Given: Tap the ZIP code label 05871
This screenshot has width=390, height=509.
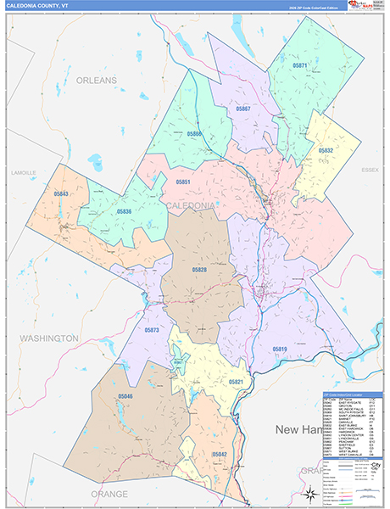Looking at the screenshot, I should coord(300,65).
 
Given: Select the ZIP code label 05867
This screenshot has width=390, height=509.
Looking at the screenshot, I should coord(243,109).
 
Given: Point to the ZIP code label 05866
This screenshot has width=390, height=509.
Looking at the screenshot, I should coord(194,134).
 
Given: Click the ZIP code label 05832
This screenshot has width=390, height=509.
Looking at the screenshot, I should coord(326,150).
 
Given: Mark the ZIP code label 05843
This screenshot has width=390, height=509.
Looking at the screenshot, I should coord(60,194).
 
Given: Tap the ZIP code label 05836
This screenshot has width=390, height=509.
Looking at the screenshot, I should coord(124,211).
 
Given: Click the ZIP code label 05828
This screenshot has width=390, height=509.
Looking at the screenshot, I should coord(198,270).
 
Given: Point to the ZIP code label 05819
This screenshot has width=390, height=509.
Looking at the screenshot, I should coord(280,349).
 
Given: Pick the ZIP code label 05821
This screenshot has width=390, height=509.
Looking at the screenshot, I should coord(236,383).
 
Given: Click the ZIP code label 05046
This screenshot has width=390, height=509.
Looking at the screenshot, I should coord(125,396).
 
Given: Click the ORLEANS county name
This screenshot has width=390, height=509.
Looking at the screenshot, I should coord(95,80).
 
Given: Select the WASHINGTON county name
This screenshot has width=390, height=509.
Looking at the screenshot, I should coord(49,338).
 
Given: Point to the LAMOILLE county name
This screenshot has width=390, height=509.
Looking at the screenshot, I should coord(24,172).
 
